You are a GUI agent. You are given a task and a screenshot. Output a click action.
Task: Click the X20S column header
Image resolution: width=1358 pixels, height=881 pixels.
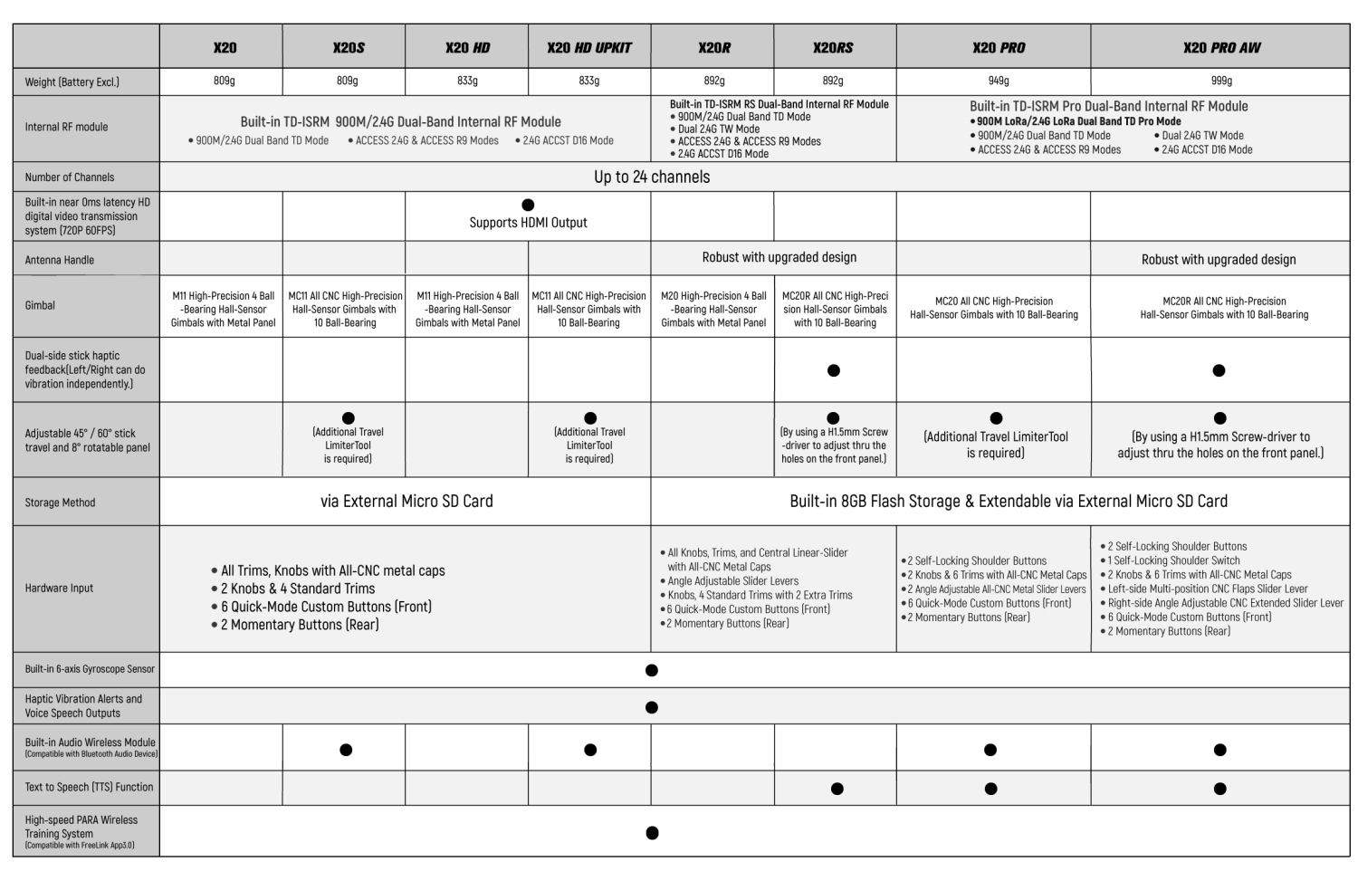pyautogui.click(x=348, y=48)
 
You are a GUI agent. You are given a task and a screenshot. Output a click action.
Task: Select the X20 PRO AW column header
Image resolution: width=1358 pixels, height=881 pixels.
pyautogui.click(x=1221, y=48)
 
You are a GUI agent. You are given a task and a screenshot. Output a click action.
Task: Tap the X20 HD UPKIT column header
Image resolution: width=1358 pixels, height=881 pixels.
pyautogui.click(x=589, y=48)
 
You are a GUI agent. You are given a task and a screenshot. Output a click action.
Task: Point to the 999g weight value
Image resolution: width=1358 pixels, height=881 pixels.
pyautogui.click(x=1221, y=81)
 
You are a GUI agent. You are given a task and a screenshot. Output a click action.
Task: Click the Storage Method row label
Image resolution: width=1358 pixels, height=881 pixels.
pyautogui.click(x=60, y=503)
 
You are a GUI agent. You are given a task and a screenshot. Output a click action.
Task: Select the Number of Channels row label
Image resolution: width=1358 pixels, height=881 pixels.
pyautogui.click(x=70, y=177)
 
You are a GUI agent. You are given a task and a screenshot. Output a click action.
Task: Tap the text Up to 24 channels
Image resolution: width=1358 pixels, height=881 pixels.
pyautogui.click(x=652, y=177)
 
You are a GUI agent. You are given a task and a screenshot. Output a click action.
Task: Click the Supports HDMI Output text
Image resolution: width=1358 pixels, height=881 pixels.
pyautogui.click(x=528, y=223)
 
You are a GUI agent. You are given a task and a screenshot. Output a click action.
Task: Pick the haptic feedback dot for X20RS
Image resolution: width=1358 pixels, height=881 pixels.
pyautogui.click(x=834, y=370)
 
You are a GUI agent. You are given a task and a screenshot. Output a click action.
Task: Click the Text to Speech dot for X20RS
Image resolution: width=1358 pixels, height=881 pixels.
pyautogui.click(x=837, y=789)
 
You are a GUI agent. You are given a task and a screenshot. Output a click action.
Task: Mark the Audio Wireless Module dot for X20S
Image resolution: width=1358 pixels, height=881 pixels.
pyautogui.click(x=346, y=750)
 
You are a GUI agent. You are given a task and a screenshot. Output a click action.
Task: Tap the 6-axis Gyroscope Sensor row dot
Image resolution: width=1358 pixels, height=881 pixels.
pyautogui.click(x=651, y=671)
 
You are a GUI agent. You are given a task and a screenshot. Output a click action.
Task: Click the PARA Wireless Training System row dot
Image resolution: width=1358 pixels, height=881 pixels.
pyautogui.click(x=652, y=833)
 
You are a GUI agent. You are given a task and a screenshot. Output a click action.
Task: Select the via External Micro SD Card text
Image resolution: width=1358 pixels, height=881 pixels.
pyautogui.click(x=406, y=502)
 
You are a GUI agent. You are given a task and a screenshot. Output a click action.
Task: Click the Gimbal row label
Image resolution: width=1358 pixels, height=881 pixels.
pyautogui.click(x=40, y=305)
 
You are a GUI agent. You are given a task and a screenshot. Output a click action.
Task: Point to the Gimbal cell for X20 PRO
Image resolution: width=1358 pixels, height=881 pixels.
pyautogui.click(x=993, y=308)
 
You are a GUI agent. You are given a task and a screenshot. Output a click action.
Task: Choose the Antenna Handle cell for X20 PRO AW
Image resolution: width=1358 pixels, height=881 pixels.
pyautogui.click(x=1219, y=260)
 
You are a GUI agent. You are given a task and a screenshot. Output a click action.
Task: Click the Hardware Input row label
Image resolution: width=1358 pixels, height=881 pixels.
pyautogui.click(x=59, y=589)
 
